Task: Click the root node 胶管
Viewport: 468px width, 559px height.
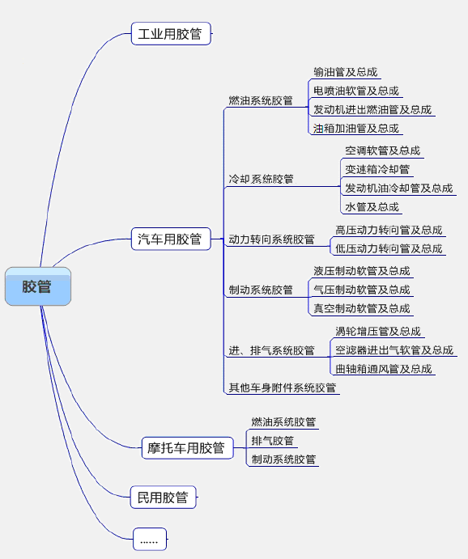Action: tap(38, 286)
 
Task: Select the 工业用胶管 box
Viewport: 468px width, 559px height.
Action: tap(171, 33)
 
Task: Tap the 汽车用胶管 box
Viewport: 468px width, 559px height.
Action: tap(171, 239)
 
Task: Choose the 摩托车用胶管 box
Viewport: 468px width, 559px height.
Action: tap(187, 448)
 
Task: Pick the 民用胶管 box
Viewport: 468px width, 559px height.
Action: tap(163, 497)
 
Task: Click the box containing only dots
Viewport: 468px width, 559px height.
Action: tap(150, 539)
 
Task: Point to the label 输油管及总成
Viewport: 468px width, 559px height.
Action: tap(345, 72)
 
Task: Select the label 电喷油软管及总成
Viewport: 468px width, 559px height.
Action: tap(356, 91)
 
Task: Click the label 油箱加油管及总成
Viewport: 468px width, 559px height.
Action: tap(356, 128)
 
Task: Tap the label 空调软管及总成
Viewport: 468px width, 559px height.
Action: tap(383, 150)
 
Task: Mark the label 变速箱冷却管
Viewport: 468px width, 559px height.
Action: tap(377, 169)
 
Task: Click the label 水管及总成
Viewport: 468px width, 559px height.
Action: tap(372, 206)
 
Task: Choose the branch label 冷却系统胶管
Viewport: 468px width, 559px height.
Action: tap(261, 179)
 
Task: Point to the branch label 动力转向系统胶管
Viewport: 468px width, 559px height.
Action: tap(271, 239)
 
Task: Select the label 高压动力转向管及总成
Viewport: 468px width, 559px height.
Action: tap(389, 230)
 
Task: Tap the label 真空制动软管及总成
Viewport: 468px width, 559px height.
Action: tap(362, 308)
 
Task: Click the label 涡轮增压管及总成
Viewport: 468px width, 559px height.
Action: tap(378, 331)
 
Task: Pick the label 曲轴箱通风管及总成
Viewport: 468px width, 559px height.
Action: tap(384, 369)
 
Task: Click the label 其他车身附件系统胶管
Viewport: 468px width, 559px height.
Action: tap(282, 387)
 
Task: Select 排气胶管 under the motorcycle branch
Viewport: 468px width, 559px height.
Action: tap(273, 441)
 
